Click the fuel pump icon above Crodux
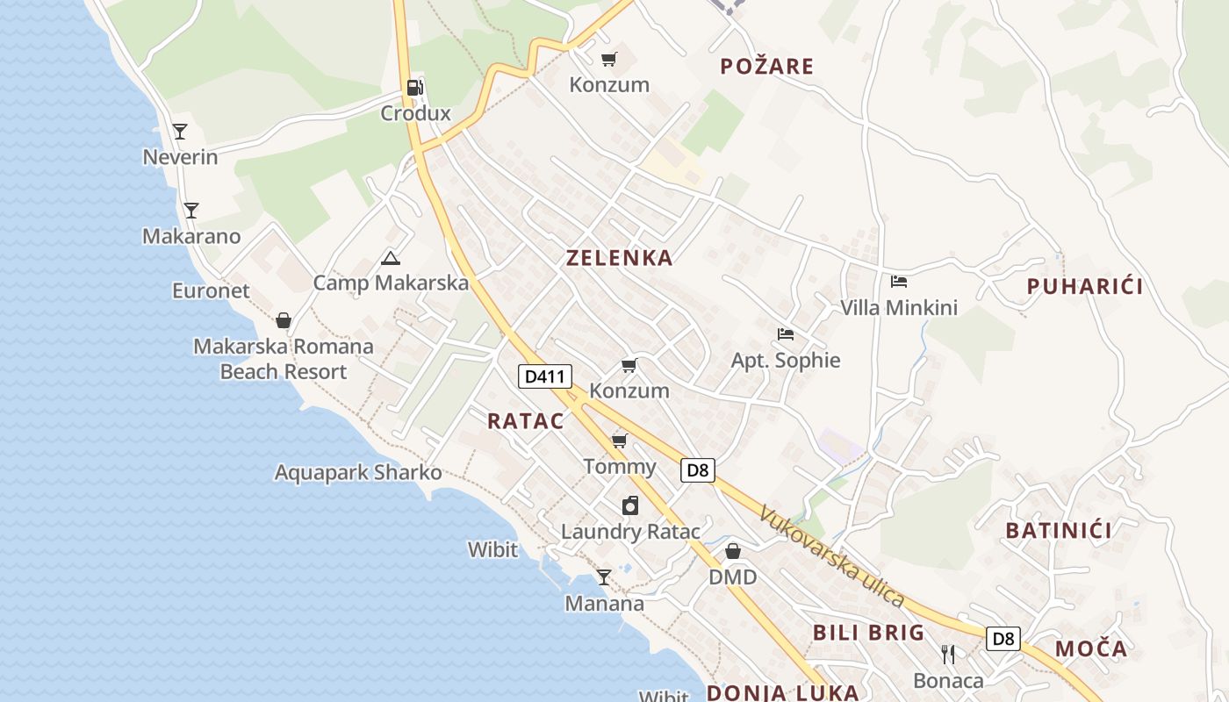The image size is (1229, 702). coord(415,87)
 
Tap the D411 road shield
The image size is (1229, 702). coord(544,376)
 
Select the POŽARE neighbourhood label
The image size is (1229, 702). coord(766,66)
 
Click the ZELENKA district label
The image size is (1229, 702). coord(620,257)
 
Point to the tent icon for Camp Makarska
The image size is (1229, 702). coord(391,258)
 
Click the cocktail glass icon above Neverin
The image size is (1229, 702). coord(180,132)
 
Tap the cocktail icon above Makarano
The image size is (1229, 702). coord(191,211)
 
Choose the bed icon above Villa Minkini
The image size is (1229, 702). coord(899,282)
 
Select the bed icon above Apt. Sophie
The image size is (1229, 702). coord(786,334)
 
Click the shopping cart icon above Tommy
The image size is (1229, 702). coord(620,441)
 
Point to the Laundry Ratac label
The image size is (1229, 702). coord(630,531)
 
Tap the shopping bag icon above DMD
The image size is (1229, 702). coord(733,551)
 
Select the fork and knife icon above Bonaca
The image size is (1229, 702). coord(948,655)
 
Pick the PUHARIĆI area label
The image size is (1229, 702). coord(1085,286)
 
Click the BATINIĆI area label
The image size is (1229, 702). coord(1059,530)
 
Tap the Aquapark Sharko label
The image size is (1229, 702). coord(358,472)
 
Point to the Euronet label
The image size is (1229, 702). coord(211,290)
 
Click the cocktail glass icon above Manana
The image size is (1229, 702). coord(604,577)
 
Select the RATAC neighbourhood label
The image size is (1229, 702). coord(526,420)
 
